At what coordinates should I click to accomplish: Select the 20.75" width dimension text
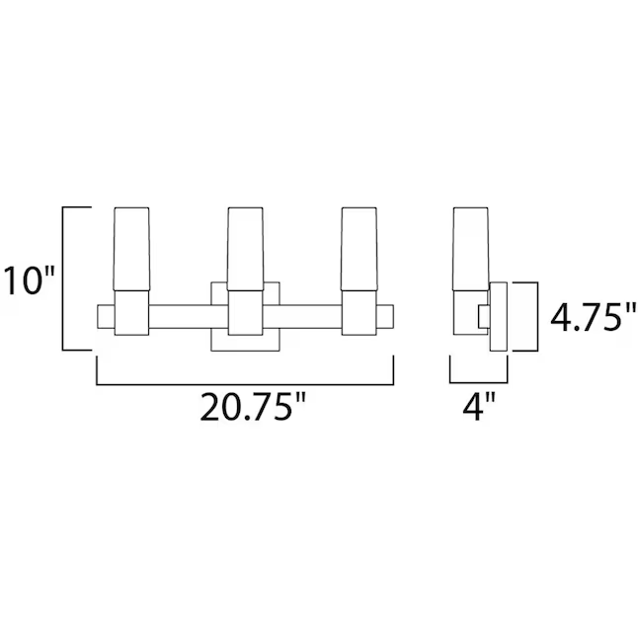(x=246, y=408)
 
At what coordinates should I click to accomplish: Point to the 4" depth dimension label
(x=479, y=408)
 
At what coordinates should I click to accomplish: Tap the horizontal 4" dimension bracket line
(x=479, y=383)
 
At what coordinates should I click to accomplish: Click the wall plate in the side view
(x=500, y=316)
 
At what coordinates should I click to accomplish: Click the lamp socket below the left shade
(x=131, y=314)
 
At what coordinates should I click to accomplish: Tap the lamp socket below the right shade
(x=359, y=314)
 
